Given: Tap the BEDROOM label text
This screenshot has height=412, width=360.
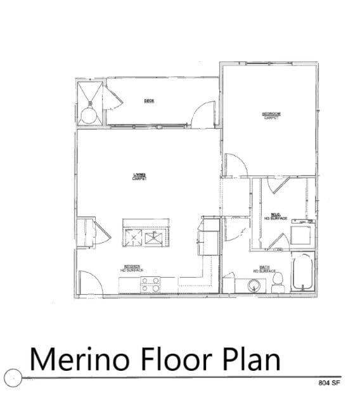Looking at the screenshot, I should click(271, 115).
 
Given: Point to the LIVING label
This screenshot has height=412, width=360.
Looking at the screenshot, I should click(139, 176).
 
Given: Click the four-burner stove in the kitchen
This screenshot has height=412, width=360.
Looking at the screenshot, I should click(151, 284).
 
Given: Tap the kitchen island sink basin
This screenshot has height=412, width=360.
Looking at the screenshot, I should click(154, 238).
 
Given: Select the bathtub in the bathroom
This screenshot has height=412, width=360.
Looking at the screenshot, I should click(302, 273).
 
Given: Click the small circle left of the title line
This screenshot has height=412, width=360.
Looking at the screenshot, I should click(13, 378).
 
